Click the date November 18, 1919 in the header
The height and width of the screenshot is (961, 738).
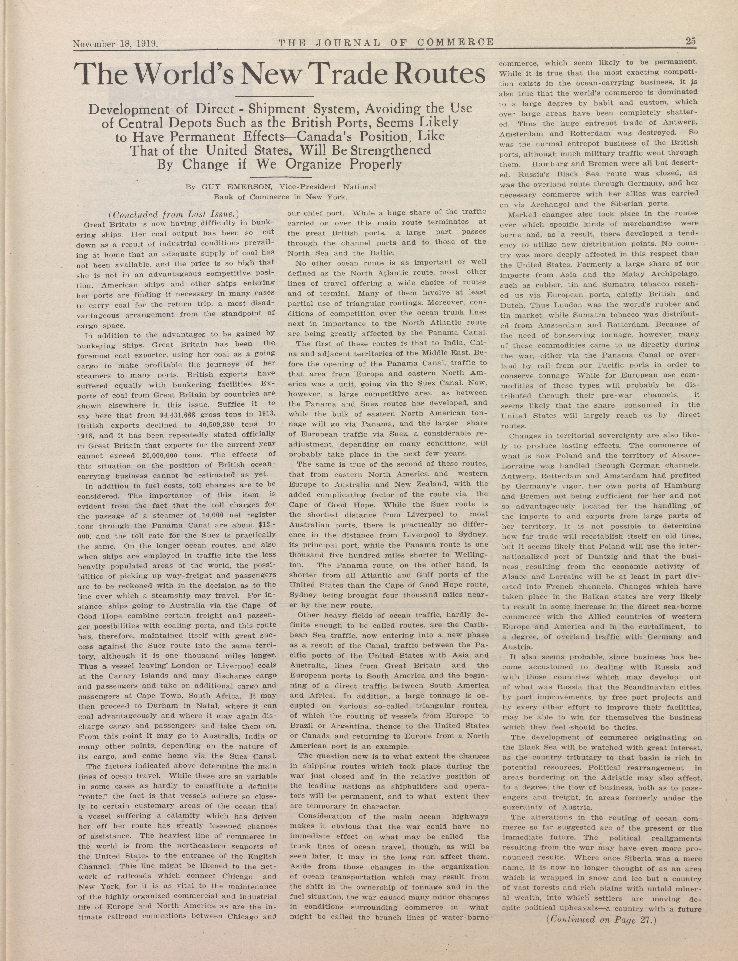tap(115, 44)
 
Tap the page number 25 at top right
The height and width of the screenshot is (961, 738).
tap(690, 41)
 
